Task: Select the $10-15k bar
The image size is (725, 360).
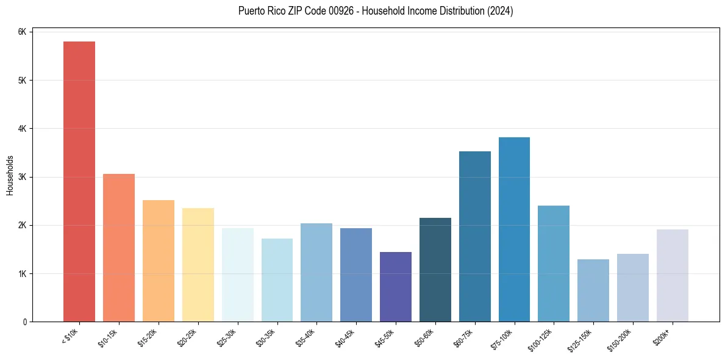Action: point(119,248)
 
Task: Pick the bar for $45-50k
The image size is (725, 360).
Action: point(396,287)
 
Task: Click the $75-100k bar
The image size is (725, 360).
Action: point(514,229)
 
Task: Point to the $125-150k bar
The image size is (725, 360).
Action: point(593,290)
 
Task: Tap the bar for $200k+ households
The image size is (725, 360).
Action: point(673,275)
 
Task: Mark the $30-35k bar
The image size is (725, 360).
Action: point(277,280)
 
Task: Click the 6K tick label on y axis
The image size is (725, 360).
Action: point(22,32)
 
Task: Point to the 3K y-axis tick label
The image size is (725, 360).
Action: point(22,177)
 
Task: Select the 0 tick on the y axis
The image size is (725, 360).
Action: point(25,322)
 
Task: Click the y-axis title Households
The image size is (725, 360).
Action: point(10,175)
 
